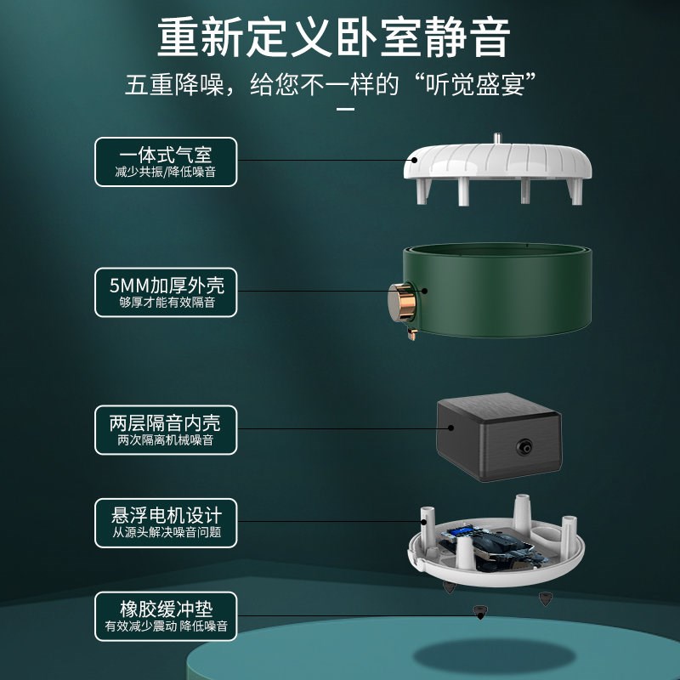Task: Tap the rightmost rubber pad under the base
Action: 544,600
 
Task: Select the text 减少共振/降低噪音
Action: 165,172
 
